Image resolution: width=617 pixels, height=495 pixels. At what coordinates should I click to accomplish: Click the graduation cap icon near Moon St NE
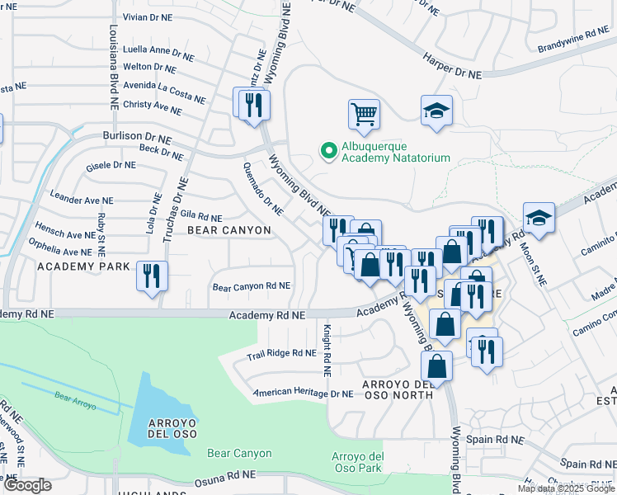pos(539,217)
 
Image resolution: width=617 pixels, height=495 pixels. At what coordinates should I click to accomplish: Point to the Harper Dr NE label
pos(452,67)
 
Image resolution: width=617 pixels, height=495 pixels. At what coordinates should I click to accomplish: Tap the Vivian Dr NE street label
pos(148,16)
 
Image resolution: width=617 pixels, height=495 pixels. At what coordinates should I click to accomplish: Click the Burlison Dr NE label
pos(137,136)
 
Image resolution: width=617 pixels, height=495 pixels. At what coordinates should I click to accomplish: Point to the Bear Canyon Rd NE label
pos(252,287)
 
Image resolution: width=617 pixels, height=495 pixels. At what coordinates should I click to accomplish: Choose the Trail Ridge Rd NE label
pos(281,354)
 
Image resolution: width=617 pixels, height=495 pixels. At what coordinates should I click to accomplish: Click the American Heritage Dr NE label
pos(304,393)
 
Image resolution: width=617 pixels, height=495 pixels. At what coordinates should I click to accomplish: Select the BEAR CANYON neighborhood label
pos(229,229)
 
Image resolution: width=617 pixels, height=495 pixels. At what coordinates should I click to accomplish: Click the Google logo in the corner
pos(27,485)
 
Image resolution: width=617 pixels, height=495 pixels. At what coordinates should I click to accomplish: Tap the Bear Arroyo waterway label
pos(76,401)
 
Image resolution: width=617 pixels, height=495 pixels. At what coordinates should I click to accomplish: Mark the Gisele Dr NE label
pos(111,166)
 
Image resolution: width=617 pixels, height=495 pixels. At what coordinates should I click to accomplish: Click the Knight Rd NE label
pos(327,350)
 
